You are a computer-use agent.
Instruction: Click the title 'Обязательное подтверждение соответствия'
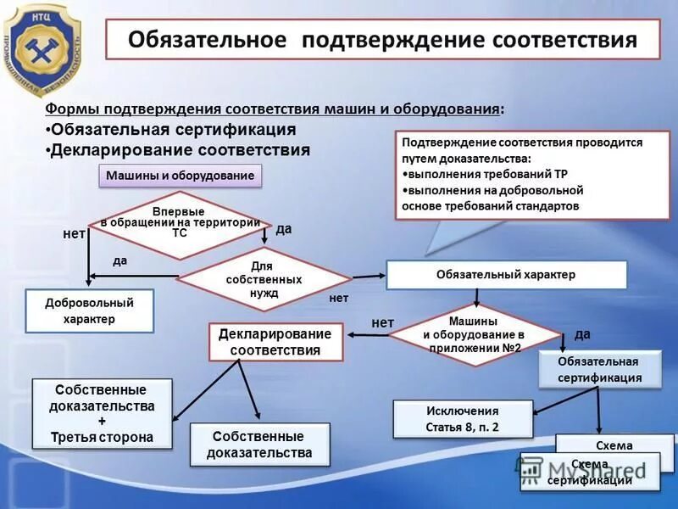[x=382, y=41]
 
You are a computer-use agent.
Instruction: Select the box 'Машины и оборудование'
[x=181, y=176]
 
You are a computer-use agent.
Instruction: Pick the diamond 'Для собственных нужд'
[x=264, y=279]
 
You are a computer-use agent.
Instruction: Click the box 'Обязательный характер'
[x=506, y=275]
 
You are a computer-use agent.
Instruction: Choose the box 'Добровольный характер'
[x=88, y=310]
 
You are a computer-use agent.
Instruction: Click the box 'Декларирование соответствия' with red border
[x=275, y=342]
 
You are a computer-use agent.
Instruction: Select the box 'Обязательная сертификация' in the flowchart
[x=599, y=369]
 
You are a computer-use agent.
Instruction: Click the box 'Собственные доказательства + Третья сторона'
[x=102, y=414]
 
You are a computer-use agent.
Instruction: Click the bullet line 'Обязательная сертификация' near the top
[x=173, y=130]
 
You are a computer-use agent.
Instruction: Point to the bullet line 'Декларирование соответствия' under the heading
[x=180, y=150]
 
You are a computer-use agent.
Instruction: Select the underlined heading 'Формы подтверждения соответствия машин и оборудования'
[x=272, y=109]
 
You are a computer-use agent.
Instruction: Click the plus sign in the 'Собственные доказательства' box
[x=103, y=422]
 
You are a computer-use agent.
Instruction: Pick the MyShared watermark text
[x=593, y=467]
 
